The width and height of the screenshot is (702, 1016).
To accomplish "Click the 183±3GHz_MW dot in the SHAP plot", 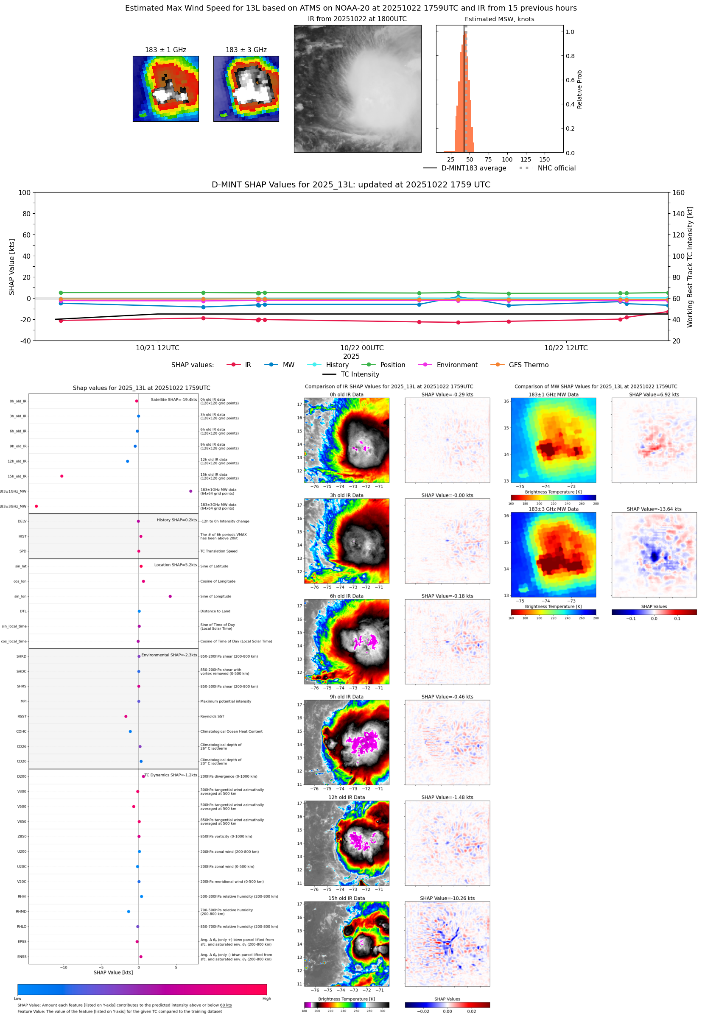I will click(36, 506).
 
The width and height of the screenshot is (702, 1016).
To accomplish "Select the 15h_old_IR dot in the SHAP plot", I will click(62, 476).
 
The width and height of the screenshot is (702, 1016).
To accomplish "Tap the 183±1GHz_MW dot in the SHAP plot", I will click(190, 491).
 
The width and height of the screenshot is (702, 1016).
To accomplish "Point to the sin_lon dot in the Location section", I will click(170, 596).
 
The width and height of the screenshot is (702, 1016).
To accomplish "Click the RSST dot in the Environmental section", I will click(126, 716).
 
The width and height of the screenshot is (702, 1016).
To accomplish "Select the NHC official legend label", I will click(557, 168).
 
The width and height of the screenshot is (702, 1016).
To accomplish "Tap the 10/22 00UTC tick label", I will click(361, 348).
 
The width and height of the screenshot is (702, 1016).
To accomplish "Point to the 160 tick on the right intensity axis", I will click(678, 193).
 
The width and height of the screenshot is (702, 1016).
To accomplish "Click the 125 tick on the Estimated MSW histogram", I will click(526, 159).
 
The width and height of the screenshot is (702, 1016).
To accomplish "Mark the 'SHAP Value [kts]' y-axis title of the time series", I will click(12, 266).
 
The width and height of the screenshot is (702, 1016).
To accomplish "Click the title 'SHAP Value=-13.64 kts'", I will click(654, 509).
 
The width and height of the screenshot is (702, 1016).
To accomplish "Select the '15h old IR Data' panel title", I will click(347, 898).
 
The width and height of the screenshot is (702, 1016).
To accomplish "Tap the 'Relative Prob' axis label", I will click(579, 89).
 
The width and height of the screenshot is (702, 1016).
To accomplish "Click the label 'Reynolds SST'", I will click(212, 717).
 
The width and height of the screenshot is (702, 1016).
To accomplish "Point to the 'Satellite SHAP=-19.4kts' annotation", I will click(174, 399).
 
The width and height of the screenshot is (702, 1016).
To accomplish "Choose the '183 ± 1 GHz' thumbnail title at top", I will click(165, 50).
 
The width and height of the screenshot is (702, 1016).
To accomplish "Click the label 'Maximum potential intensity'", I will click(226, 701).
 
